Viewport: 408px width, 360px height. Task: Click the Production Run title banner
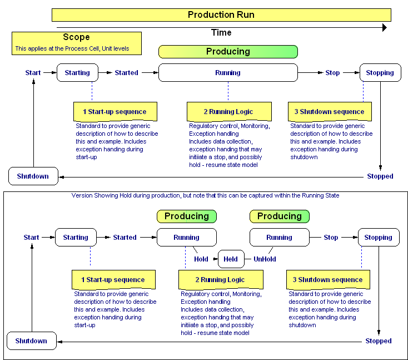click(x=221, y=15)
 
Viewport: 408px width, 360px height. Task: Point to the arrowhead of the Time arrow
click(x=384, y=27)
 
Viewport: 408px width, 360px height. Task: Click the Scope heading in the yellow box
click(x=76, y=37)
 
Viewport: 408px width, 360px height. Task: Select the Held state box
click(x=231, y=259)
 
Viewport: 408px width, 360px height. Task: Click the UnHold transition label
click(x=265, y=259)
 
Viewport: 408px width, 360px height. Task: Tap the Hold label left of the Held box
click(x=201, y=259)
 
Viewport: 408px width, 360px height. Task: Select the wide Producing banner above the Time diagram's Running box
click(x=228, y=52)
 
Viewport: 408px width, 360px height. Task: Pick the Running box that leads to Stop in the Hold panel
click(x=279, y=238)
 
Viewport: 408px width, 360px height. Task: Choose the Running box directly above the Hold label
click(x=186, y=238)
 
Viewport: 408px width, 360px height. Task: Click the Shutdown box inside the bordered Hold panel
click(x=31, y=341)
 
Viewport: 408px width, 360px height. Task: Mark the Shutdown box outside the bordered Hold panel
click(x=33, y=176)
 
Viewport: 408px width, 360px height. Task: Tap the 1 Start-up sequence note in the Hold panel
click(x=113, y=279)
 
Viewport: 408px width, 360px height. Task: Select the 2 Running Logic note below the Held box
click(x=220, y=279)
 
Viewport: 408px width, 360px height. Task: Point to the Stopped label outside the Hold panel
click(x=380, y=176)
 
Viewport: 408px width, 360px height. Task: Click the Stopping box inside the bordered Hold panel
click(x=379, y=238)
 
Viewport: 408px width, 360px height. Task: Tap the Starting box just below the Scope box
click(x=77, y=73)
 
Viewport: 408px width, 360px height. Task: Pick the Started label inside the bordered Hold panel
click(x=125, y=238)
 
